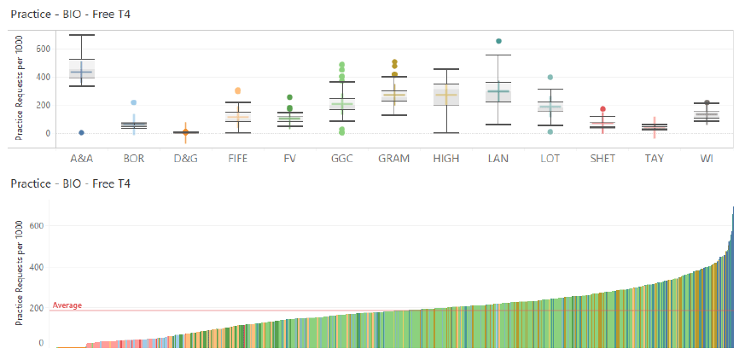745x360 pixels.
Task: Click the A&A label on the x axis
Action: (x=82, y=159)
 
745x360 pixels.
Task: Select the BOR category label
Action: (x=134, y=159)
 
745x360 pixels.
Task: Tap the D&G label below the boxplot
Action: (x=186, y=159)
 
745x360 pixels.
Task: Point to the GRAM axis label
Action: (x=394, y=159)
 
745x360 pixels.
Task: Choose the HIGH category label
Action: (x=446, y=159)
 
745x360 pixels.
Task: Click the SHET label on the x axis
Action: (x=602, y=159)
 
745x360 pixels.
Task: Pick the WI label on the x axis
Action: (x=707, y=159)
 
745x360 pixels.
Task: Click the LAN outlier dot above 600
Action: (x=498, y=41)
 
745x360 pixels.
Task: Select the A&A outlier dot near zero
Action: (x=81, y=133)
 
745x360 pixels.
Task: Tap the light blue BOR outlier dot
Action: (x=134, y=102)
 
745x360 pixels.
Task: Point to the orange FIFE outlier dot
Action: (x=237, y=90)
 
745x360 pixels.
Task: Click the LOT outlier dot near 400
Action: (x=550, y=77)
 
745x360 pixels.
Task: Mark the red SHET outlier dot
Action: (x=602, y=109)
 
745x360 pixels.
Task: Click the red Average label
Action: (x=67, y=305)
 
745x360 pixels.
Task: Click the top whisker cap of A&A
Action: (x=82, y=35)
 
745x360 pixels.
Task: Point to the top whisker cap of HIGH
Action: (x=446, y=69)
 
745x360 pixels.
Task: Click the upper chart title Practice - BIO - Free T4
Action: (x=70, y=15)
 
